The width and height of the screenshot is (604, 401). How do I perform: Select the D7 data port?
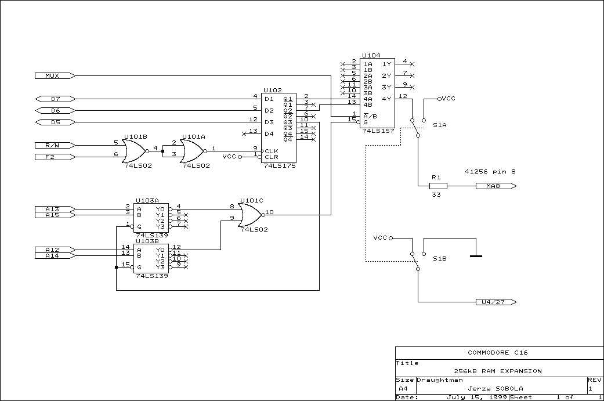pyautogui.click(x=55, y=99)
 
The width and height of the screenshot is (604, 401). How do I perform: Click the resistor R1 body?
pyautogui.click(x=438, y=186)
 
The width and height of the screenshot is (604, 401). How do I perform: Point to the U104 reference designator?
pyautogui.click(x=371, y=56)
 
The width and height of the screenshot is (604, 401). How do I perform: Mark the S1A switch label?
pyautogui.click(x=439, y=125)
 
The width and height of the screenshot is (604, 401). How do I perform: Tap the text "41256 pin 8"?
pyautogui.click(x=490, y=171)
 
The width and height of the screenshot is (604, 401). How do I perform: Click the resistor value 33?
pyautogui.click(x=436, y=194)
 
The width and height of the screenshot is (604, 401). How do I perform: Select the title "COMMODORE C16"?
pyautogui.click(x=497, y=352)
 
